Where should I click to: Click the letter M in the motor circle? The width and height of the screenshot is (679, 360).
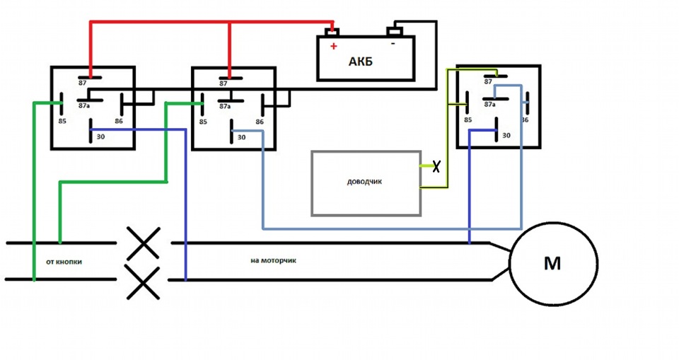552,263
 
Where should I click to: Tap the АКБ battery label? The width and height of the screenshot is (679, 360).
360,62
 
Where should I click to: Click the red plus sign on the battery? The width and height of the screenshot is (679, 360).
333,46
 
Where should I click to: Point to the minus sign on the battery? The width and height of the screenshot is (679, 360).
393,43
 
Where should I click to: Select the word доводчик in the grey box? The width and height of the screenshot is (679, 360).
365,182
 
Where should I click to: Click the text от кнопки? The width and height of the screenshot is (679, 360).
64,262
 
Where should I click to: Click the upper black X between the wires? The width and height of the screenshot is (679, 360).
144,243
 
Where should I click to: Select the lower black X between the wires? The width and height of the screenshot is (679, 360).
144,282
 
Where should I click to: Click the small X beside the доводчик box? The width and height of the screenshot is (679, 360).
436,166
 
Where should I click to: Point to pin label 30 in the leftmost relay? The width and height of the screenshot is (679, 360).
100,137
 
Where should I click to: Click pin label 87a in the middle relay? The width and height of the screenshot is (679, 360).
225,106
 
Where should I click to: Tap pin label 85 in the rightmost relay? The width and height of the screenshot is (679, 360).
468,120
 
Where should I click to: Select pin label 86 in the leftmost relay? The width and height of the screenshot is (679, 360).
119,122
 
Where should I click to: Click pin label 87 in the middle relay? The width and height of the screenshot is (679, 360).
223,83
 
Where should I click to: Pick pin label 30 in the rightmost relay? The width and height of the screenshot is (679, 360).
506,136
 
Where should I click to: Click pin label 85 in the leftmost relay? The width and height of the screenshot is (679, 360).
62,122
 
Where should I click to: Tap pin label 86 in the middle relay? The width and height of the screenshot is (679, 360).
260,122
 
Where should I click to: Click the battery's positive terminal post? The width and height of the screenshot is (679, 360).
332,32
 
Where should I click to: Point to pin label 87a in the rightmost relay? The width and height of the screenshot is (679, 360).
489,105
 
